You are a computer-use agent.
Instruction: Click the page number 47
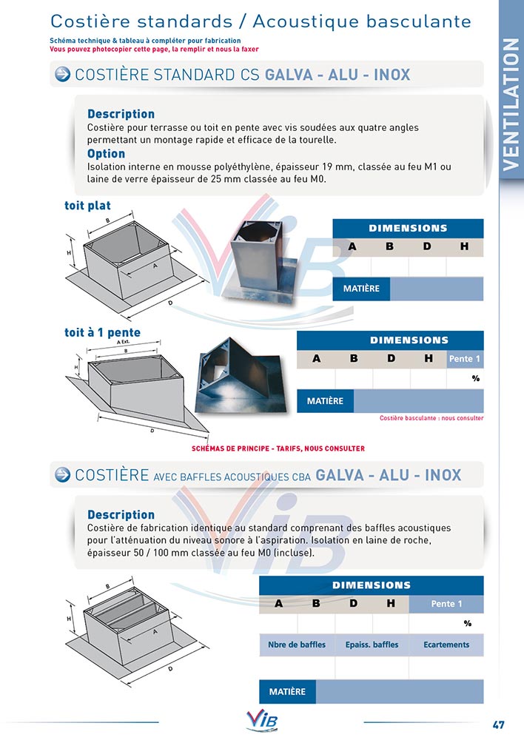499,724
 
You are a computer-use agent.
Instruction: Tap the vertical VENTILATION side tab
510,104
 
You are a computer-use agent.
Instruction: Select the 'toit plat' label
87,206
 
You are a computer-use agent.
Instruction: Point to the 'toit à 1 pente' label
102,332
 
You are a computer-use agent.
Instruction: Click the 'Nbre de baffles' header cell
297,645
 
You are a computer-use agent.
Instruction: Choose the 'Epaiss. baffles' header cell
372,645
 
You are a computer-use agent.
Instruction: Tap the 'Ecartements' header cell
446,645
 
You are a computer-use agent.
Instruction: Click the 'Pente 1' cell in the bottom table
446,604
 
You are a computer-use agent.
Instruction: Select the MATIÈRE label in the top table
361,289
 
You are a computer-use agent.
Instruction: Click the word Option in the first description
106,154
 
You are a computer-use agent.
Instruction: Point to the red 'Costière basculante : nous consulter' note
431,418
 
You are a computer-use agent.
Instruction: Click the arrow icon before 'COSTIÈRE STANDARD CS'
63,74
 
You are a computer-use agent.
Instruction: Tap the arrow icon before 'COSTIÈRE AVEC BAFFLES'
63,474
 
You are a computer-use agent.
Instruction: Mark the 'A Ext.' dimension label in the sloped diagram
124,343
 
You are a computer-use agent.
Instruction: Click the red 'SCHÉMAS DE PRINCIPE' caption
278,448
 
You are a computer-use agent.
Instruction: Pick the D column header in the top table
427,246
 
